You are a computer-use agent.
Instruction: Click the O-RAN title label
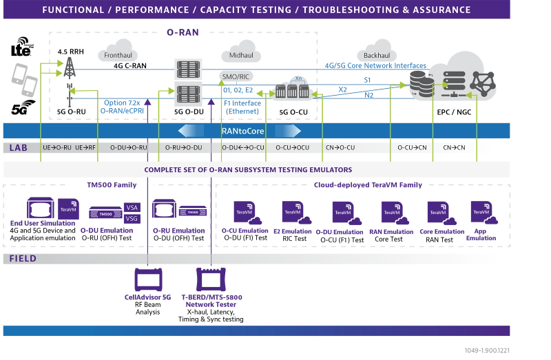click(x=183, y=32)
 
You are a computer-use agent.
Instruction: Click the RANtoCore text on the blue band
click(x=242, y=131)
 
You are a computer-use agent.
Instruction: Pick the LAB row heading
click(x=18, y=148)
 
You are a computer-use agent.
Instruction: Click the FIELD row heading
click(x=23, y=259)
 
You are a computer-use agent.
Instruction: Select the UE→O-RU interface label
click(x=56, y=148)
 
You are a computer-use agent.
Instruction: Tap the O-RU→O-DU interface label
click(x=184, y=148)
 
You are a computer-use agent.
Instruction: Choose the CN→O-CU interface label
click(x=340, y=148)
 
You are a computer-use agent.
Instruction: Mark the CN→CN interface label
click(x=454, y=148)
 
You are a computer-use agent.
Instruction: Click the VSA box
click(x=132, y=207)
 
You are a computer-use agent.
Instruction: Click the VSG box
click(x=132, y=219)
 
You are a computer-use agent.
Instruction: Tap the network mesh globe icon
click(x=484, y=84)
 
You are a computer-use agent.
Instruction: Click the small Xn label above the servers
click(x=298, y=78)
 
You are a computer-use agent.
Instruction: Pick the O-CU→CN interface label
click(x=411, y=148)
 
